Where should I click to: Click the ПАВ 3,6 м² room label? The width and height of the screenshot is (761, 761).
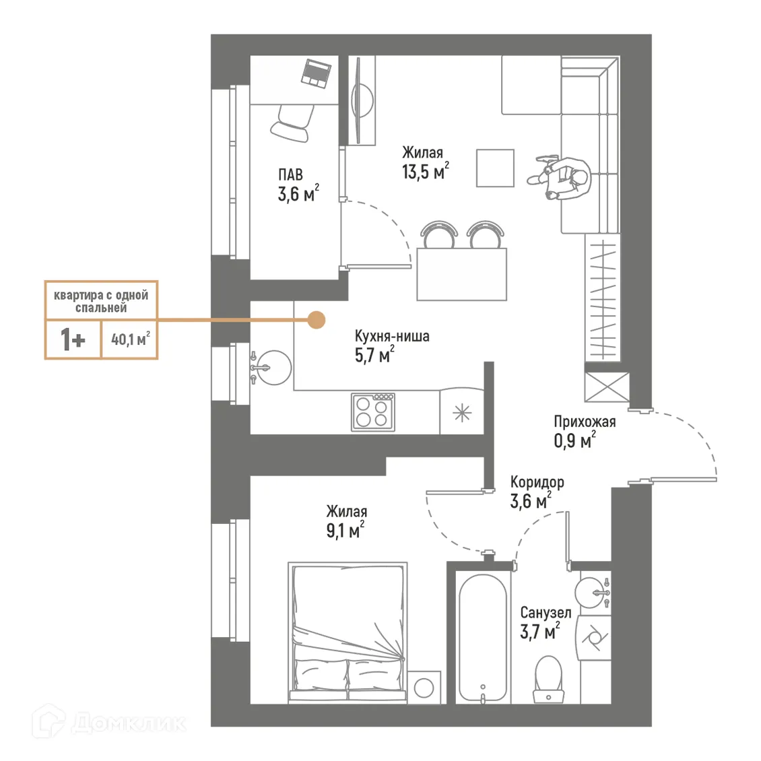tap(296, 186)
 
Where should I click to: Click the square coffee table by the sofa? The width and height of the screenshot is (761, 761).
tap(495, 168)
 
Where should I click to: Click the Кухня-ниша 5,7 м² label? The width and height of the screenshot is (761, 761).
tap(391, 345)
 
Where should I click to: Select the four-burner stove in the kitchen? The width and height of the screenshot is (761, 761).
tap(372, 412)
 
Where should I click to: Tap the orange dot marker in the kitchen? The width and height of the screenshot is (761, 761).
tap(315, 320)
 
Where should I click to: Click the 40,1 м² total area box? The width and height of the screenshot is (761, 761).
tap(130, 339)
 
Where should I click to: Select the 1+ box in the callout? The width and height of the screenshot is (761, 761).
tap(73, 339)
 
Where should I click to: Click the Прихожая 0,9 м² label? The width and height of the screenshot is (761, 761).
tap(584, 431)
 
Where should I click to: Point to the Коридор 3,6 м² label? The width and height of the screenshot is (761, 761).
tap(536, 492)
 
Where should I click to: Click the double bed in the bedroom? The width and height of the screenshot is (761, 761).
tap(348, 633)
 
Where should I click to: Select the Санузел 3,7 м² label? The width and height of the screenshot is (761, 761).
tap(545, 622)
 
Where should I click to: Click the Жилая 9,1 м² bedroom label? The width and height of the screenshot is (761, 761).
tap(346, 522)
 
